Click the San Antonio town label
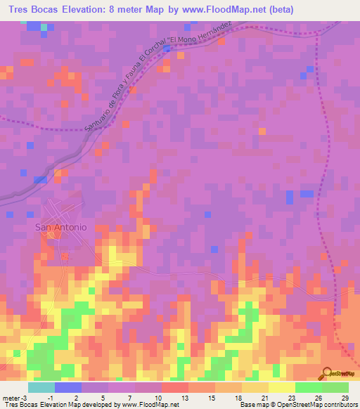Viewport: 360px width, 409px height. tap(61, 227)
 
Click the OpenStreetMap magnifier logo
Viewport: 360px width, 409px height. tap(328, 372)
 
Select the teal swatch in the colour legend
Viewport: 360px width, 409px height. tap(41, 387)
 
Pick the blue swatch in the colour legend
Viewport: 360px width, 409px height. tap(67, 387)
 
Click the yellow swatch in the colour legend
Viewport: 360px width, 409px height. tap(281, 387)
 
